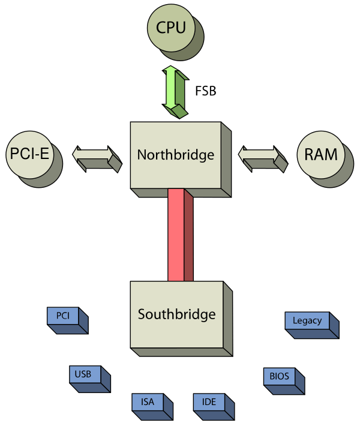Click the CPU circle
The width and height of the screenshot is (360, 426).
coord(171,28)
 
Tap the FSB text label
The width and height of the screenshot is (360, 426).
coord(205,92)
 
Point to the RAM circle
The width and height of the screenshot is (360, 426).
coord(320,154)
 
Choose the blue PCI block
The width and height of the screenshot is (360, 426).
coord(64,316)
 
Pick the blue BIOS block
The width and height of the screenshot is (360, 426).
coord(279,377)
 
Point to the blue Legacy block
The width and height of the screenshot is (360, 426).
coord(307,320)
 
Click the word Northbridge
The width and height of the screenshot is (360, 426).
coord(175,155)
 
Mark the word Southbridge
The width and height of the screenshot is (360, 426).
coord(176,314)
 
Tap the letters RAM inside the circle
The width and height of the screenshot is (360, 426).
coord(320,154)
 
